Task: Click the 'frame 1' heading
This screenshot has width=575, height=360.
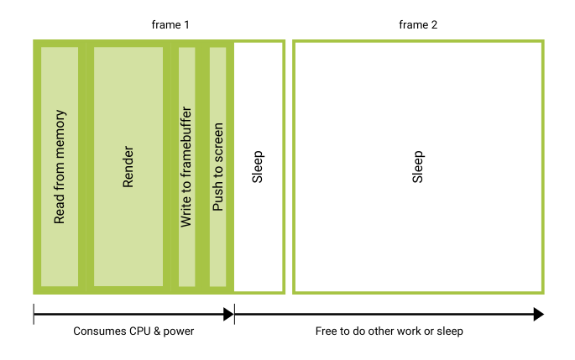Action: point(170,25)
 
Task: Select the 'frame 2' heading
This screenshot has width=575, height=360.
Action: point(417,25)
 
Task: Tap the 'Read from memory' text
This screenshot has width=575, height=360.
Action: point(60,166)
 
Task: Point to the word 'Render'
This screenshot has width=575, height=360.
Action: point(128,166)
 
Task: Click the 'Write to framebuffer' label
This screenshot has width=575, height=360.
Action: point(186,166)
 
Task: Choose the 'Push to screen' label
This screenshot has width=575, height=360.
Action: point(217,166)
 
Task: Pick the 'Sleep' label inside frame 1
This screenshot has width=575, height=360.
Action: point(259,166)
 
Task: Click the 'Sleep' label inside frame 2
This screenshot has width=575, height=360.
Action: point(417,166)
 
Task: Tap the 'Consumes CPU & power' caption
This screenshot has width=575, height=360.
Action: point(133,331)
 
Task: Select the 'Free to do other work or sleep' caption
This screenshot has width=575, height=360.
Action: point(389,331)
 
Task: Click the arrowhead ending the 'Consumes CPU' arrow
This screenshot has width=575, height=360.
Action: point(228,315)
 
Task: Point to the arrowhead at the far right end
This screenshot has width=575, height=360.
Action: point(538,315)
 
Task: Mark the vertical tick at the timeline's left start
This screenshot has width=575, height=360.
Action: point(34,315)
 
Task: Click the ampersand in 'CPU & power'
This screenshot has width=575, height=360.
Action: point(157,331)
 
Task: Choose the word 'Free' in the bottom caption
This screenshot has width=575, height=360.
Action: point(327,331)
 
